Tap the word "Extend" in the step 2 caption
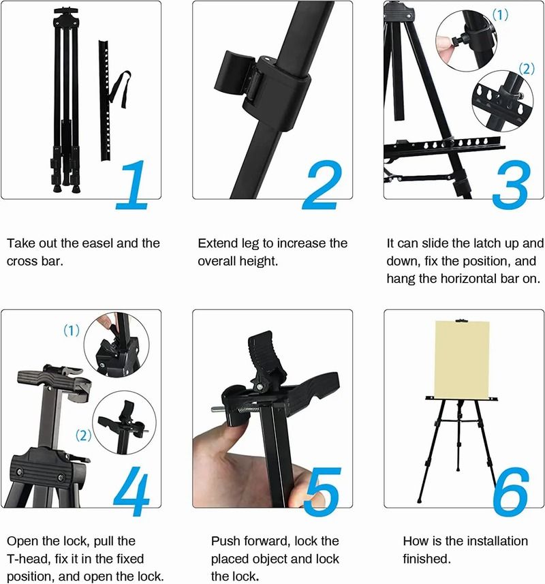[216, 243]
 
